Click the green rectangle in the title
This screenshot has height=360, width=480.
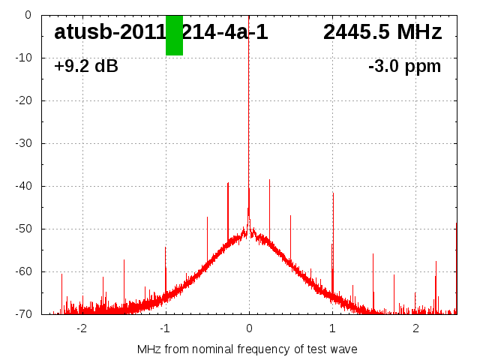174,35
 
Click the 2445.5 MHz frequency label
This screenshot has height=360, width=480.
382,32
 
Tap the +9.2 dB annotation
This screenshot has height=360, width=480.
85,67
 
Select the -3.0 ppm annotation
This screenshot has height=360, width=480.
404,67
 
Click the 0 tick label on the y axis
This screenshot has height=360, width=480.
27,14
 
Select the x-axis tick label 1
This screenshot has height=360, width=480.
332,328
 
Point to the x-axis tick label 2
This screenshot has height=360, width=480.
415,328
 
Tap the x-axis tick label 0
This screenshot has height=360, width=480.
249,328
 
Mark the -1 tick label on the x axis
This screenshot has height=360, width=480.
164,328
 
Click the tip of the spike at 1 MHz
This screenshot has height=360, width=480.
333,193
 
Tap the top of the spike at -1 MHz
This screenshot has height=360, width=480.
166,247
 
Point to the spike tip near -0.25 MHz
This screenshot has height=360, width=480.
228,183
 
